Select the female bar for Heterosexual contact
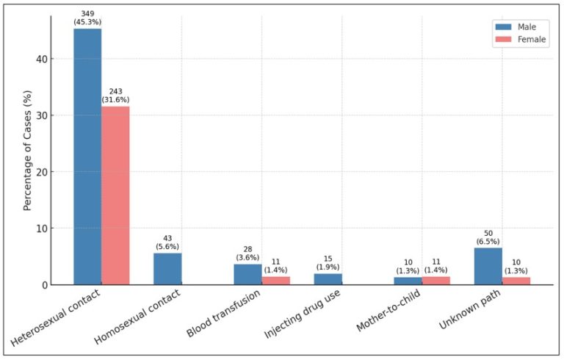pyautogui.click(x=115, y=195)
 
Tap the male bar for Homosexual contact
pyautogui.click(x=167, y=269)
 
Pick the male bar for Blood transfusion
pyautogui.click(x=247, y=274)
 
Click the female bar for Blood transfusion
pyautogui.click(x=275, y=280)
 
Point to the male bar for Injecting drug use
pyautogui.click(x=328, y=279)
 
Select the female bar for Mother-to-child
pyautogui.click(x=435, y=280)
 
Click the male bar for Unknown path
pyautogui.click(x=488, y=266)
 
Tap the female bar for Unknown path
pyautogui.click(x=516, y=281)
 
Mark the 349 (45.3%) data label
pyautogui.click(x=87, y=18)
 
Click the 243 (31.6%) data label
pyautogui.click(x=115, y=96)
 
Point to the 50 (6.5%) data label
pyautogui.click(x=488, y=237)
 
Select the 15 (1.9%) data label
pyautogui.click(x=328, y=263)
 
